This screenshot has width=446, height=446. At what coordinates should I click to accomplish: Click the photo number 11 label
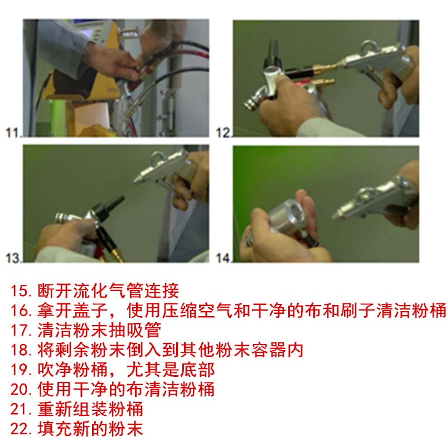point(13,133)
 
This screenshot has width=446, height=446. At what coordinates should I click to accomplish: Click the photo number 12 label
point(224,133)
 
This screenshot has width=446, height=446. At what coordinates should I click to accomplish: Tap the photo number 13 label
point(13,258)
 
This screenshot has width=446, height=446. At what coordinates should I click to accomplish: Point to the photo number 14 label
point(224,258)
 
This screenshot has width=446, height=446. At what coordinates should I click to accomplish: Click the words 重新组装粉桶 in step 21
point(90,409)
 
